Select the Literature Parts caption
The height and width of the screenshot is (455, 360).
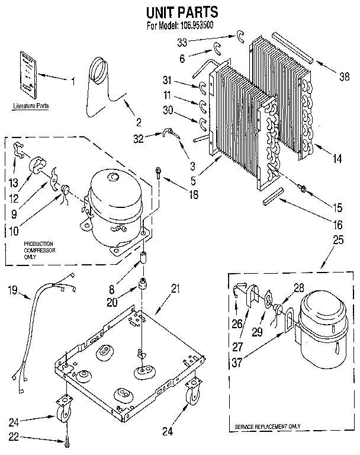pos(30,106)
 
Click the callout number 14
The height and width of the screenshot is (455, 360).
pos(337,159)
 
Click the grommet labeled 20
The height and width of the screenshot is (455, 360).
pos(143,286)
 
